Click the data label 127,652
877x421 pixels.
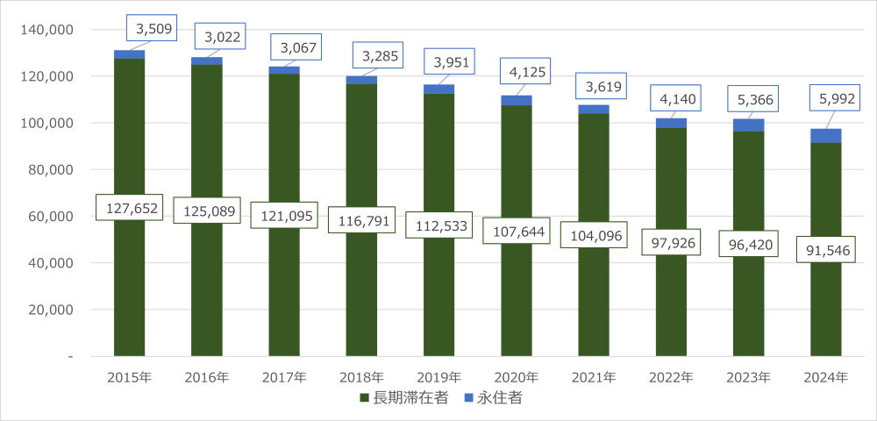point(129,207)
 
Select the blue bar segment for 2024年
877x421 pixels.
point(825,136)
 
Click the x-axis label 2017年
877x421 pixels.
point(284,378)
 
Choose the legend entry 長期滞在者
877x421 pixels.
point(404,398)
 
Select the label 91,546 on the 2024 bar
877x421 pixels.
point(824,249)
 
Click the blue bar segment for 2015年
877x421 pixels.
point(129,54)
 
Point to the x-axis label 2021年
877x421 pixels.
point(594,378)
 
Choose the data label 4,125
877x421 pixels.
point(524,71)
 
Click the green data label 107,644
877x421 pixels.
point(516,230)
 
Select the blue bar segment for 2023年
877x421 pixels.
point(748,125)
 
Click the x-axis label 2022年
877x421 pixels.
point(671,378)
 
